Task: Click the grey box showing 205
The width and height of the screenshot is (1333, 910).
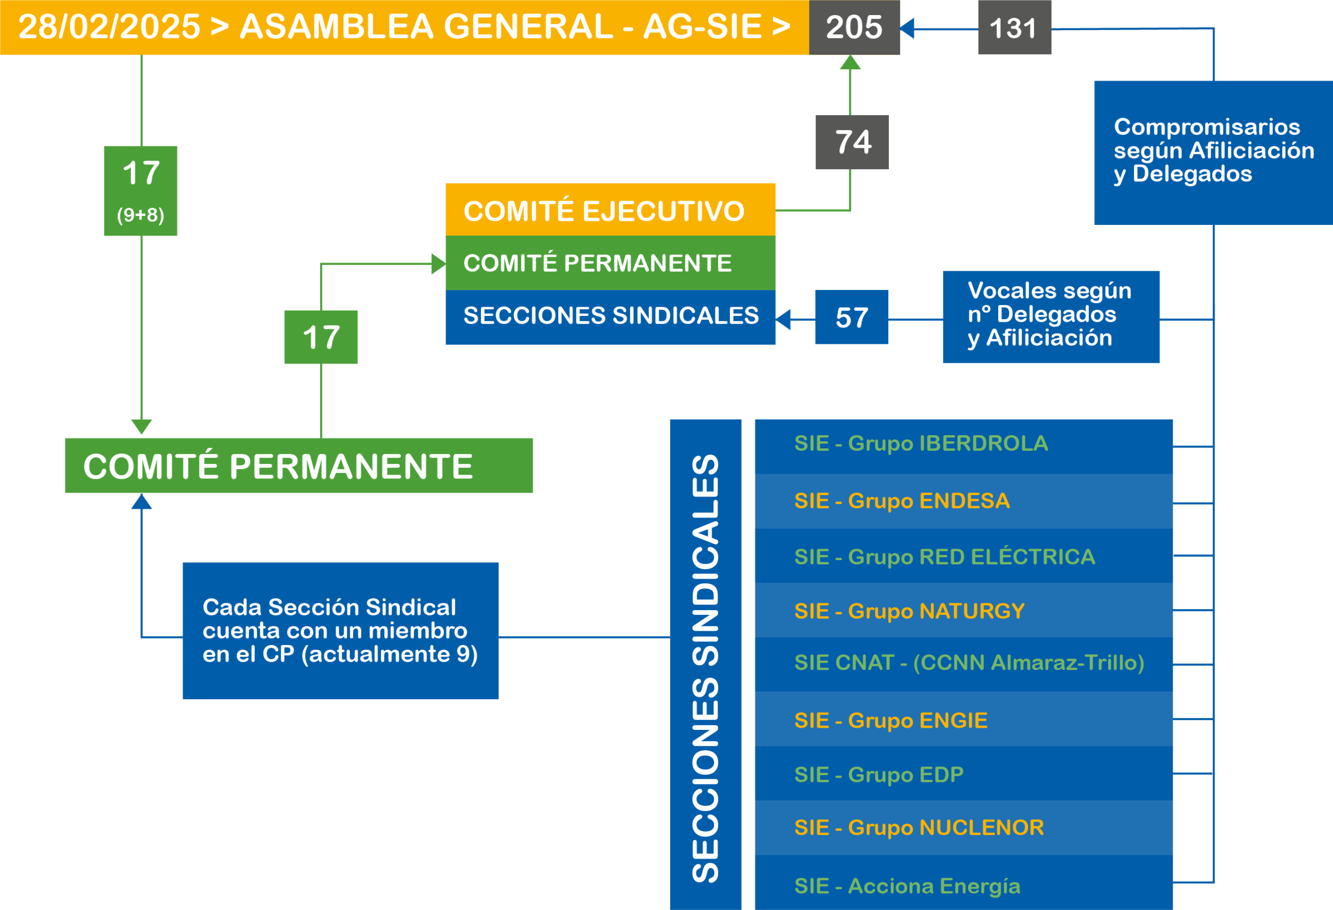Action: point(854,28)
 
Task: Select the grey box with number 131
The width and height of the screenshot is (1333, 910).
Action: point(1014,28)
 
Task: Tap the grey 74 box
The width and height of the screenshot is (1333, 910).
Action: point(852,142)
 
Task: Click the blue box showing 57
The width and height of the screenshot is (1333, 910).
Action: point(851,317)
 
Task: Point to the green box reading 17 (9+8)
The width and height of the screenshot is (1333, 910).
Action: point(141,191)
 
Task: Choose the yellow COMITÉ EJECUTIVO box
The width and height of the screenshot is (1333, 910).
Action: point(610,210)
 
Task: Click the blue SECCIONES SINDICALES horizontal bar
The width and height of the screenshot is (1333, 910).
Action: point(610,317)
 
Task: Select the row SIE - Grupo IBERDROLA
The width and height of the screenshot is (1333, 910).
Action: point(963,445)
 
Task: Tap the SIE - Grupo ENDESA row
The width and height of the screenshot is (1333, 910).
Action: point(963,501)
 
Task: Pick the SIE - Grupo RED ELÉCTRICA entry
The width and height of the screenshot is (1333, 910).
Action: point(963,556)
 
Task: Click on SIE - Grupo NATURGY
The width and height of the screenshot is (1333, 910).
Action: point(963,611)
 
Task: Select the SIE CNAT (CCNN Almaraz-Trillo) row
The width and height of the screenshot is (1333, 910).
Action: point(963,663)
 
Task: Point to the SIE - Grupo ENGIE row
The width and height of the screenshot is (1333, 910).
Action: point(963,719)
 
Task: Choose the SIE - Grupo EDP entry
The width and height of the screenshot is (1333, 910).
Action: point(963,774)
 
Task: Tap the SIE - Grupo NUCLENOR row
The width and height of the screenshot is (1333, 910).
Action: point(963,827)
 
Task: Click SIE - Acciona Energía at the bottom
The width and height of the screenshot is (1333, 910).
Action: point(963,885)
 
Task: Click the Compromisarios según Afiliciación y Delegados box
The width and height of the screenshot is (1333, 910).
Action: point(1213,152)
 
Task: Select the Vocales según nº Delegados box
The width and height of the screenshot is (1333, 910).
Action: point(1051,316)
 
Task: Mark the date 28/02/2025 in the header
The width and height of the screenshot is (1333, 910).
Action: point(109,27)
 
